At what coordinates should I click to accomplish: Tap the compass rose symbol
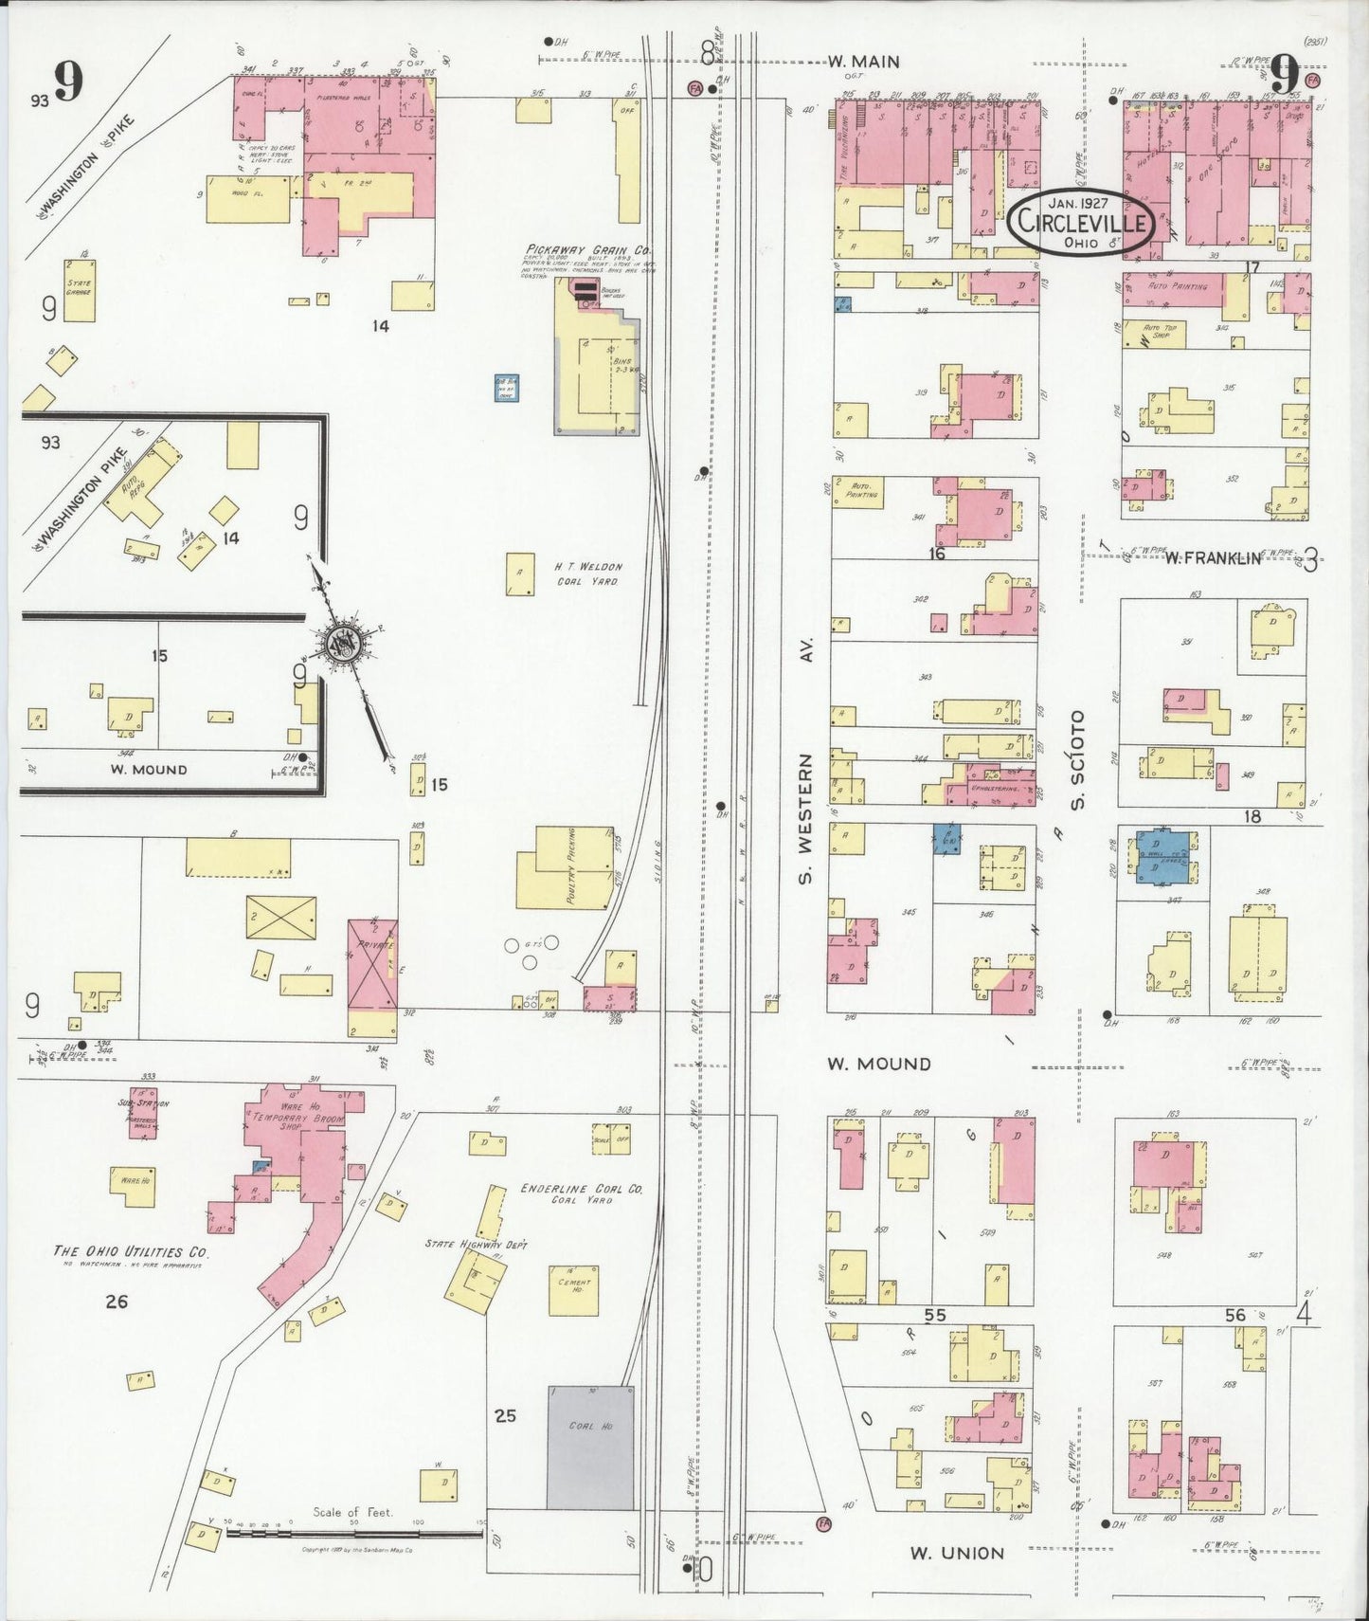pos(339,645)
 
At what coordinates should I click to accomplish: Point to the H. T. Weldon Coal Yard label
pos(587,574)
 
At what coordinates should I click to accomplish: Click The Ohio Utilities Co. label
pos(131,1251)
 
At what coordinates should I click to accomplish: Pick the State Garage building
pos(79,290)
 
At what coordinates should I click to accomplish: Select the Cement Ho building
pos(573,1289)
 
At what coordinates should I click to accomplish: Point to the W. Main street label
pos(863,63)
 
